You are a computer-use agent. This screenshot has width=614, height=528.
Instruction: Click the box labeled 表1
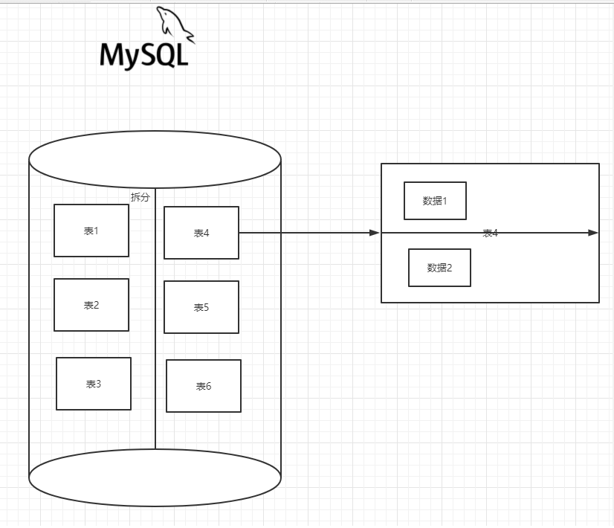tap(91, 231)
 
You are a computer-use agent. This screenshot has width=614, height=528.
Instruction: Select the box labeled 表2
tap(91, 305)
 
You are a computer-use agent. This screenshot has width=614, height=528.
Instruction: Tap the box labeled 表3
tap(94, 384)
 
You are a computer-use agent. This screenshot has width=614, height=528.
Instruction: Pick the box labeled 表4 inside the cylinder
tap(201, 233)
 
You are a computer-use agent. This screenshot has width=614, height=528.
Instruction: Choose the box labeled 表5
tap(201, 307)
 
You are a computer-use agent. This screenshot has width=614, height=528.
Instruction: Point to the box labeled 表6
tap(204, 386)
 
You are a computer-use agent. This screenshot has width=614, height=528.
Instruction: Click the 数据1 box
tap(435, 201)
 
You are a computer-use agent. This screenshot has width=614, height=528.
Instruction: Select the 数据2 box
tap(439, 268)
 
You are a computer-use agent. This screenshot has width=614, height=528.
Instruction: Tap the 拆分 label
tap(140, 197)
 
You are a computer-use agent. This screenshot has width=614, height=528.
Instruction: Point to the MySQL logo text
tap(144, 54)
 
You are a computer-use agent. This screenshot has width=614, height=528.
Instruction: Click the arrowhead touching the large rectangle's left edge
tap(375, 233)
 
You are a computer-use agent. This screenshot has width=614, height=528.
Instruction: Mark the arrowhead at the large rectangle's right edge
tap(593, 233)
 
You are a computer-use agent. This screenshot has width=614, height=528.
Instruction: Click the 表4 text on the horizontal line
tap(490, 234)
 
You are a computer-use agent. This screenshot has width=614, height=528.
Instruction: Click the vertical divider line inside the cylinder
tap(155, 335)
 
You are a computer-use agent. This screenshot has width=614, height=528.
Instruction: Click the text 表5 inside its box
tap(201, 308)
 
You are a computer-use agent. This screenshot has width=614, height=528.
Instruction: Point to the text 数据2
tap(439, 268)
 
